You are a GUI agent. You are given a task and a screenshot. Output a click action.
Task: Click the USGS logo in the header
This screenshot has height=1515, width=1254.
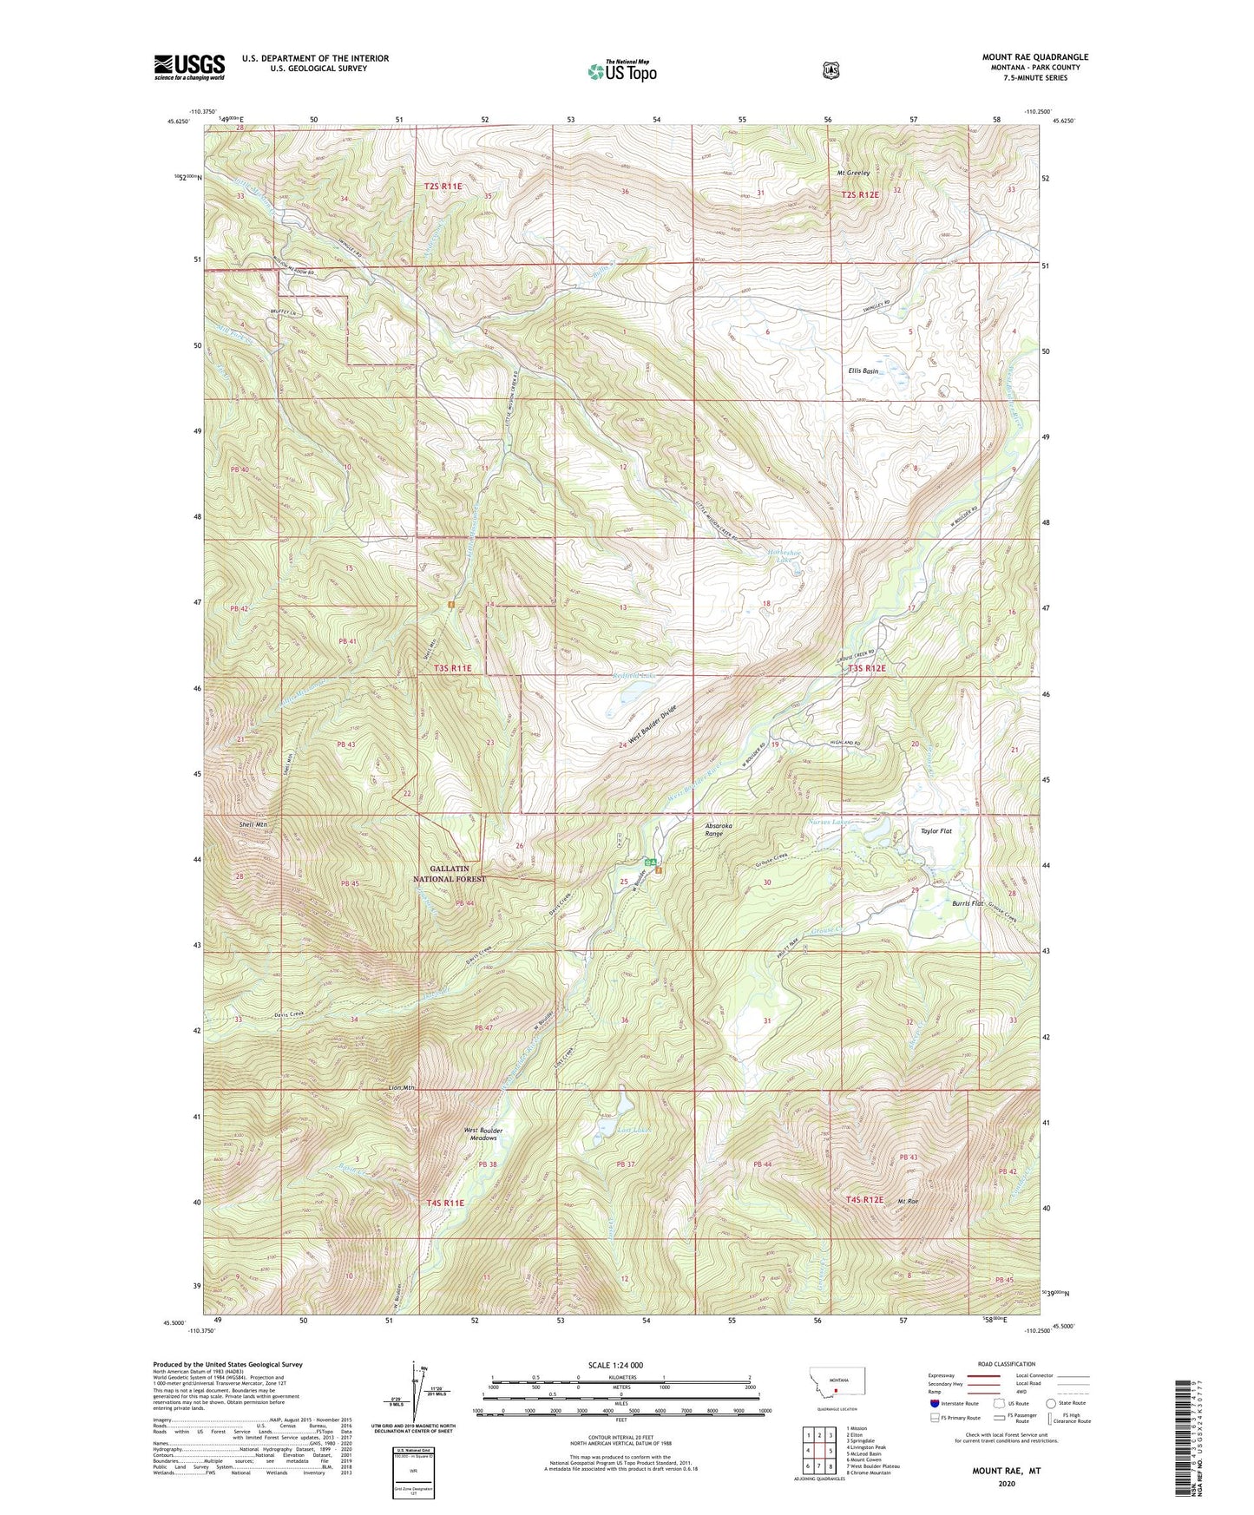[x=189, y=67]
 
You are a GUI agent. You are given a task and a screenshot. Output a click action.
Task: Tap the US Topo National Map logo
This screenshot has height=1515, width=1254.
[x=620, y=70]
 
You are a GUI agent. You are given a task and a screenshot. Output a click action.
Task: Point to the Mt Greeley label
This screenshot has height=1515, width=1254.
[x=853, y=173]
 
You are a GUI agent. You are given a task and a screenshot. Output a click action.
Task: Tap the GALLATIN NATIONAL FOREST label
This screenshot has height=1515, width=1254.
[x=450, y=873]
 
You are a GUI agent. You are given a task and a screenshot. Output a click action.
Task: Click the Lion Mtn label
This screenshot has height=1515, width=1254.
[x=402, y=1087]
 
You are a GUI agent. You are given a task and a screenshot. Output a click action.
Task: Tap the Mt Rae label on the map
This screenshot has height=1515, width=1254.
[x=908, y=1201]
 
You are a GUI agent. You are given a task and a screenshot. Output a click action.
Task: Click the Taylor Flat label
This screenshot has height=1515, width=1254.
[x=936, y=831]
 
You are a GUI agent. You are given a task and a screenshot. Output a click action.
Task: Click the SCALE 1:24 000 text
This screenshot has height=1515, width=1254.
[x=615, y=1365]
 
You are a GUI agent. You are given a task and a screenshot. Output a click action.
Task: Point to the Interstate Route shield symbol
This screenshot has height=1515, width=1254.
[x=933, y=1403]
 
